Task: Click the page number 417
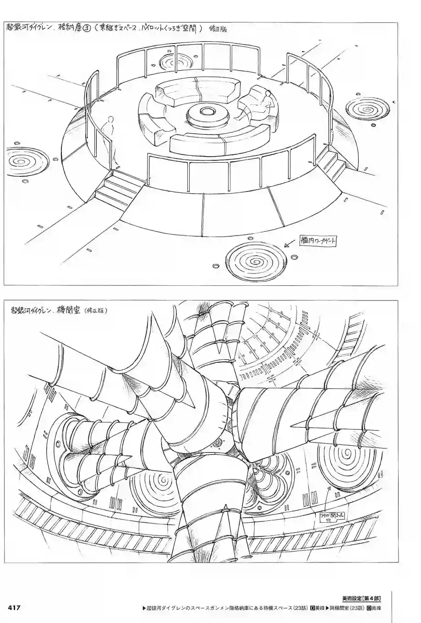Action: [12, 607]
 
